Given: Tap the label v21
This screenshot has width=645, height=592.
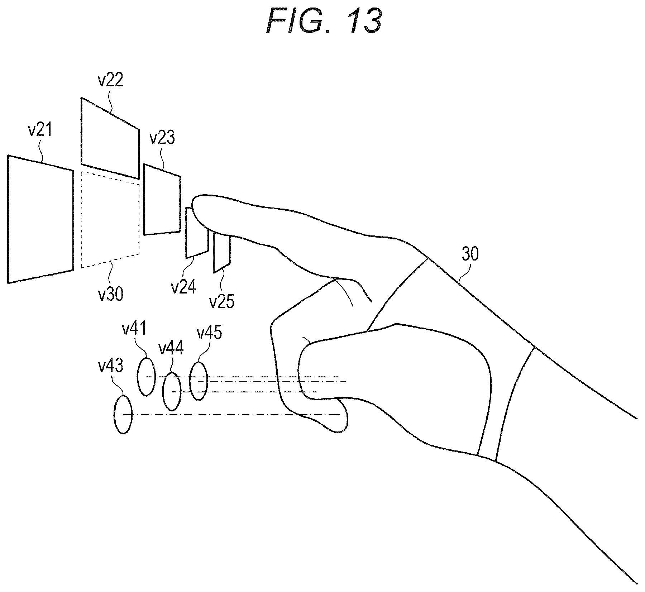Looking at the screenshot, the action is point(40,130).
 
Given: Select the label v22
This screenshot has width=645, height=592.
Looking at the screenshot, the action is point(111,80).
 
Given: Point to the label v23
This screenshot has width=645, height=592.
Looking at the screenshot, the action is point(162,138).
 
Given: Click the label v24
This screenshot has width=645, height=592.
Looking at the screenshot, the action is point(183,287).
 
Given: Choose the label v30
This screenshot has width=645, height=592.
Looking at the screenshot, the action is point(111,294).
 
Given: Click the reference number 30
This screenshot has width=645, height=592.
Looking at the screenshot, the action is point(470,254).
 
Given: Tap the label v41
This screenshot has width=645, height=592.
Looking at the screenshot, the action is point(135,328).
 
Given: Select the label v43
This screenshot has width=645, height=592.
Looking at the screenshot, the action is point(111,366).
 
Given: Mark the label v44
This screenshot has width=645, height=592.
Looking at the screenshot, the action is point(171,348).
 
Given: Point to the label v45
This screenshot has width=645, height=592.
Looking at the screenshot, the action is point(210,333).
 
